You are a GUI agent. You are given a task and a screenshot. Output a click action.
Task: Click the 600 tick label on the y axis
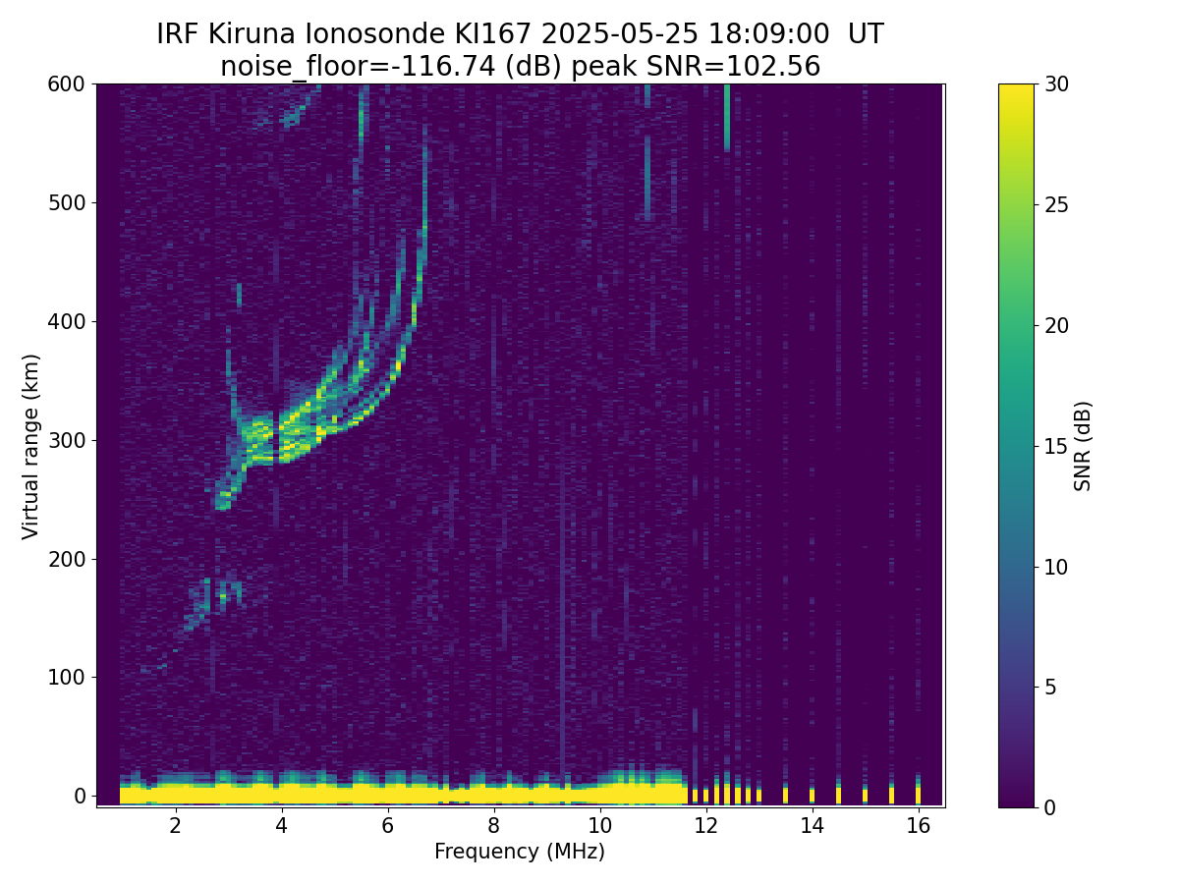coord(67,84)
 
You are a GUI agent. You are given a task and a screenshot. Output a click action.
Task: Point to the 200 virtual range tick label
coord(67,559)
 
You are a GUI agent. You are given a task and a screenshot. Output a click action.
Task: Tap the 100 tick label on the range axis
coord(67,677)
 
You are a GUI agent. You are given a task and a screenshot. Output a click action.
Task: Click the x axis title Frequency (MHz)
coord(520,852)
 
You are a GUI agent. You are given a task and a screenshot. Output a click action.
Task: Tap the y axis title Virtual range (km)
coord(31,446)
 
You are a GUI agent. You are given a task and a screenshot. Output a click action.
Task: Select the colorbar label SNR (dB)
coord(1083,446)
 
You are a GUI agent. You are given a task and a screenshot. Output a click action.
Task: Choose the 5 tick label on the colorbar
coord(1050,687)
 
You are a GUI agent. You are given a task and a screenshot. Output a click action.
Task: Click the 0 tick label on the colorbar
coord(1050,807)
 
